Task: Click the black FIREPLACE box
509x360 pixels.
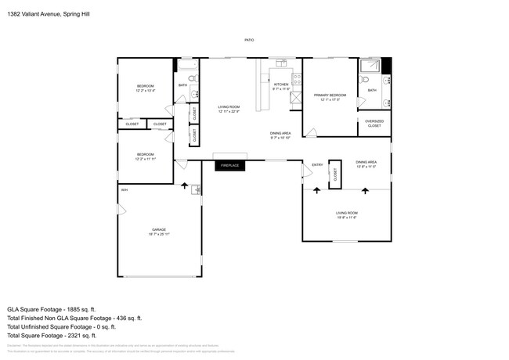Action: [x=229, y=165]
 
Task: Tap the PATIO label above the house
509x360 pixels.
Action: [x=249, y=40]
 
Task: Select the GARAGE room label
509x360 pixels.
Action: [x=159, y=230]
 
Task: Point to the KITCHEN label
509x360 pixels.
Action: [x=281, y=84]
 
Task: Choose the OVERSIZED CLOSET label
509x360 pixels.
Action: [x=374, y=124]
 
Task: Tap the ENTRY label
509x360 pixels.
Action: [x=317, y=164]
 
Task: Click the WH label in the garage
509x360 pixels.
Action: [x=124, y=190]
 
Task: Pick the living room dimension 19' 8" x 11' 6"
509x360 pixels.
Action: [x=347, y=218]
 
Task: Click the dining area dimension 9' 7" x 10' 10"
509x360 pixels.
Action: [x=280, y=139]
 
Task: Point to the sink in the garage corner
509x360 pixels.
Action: [x=196, y=189]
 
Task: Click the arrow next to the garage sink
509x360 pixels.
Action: [x=185, y=187]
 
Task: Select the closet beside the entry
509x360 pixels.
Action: [x=334, y=175]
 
